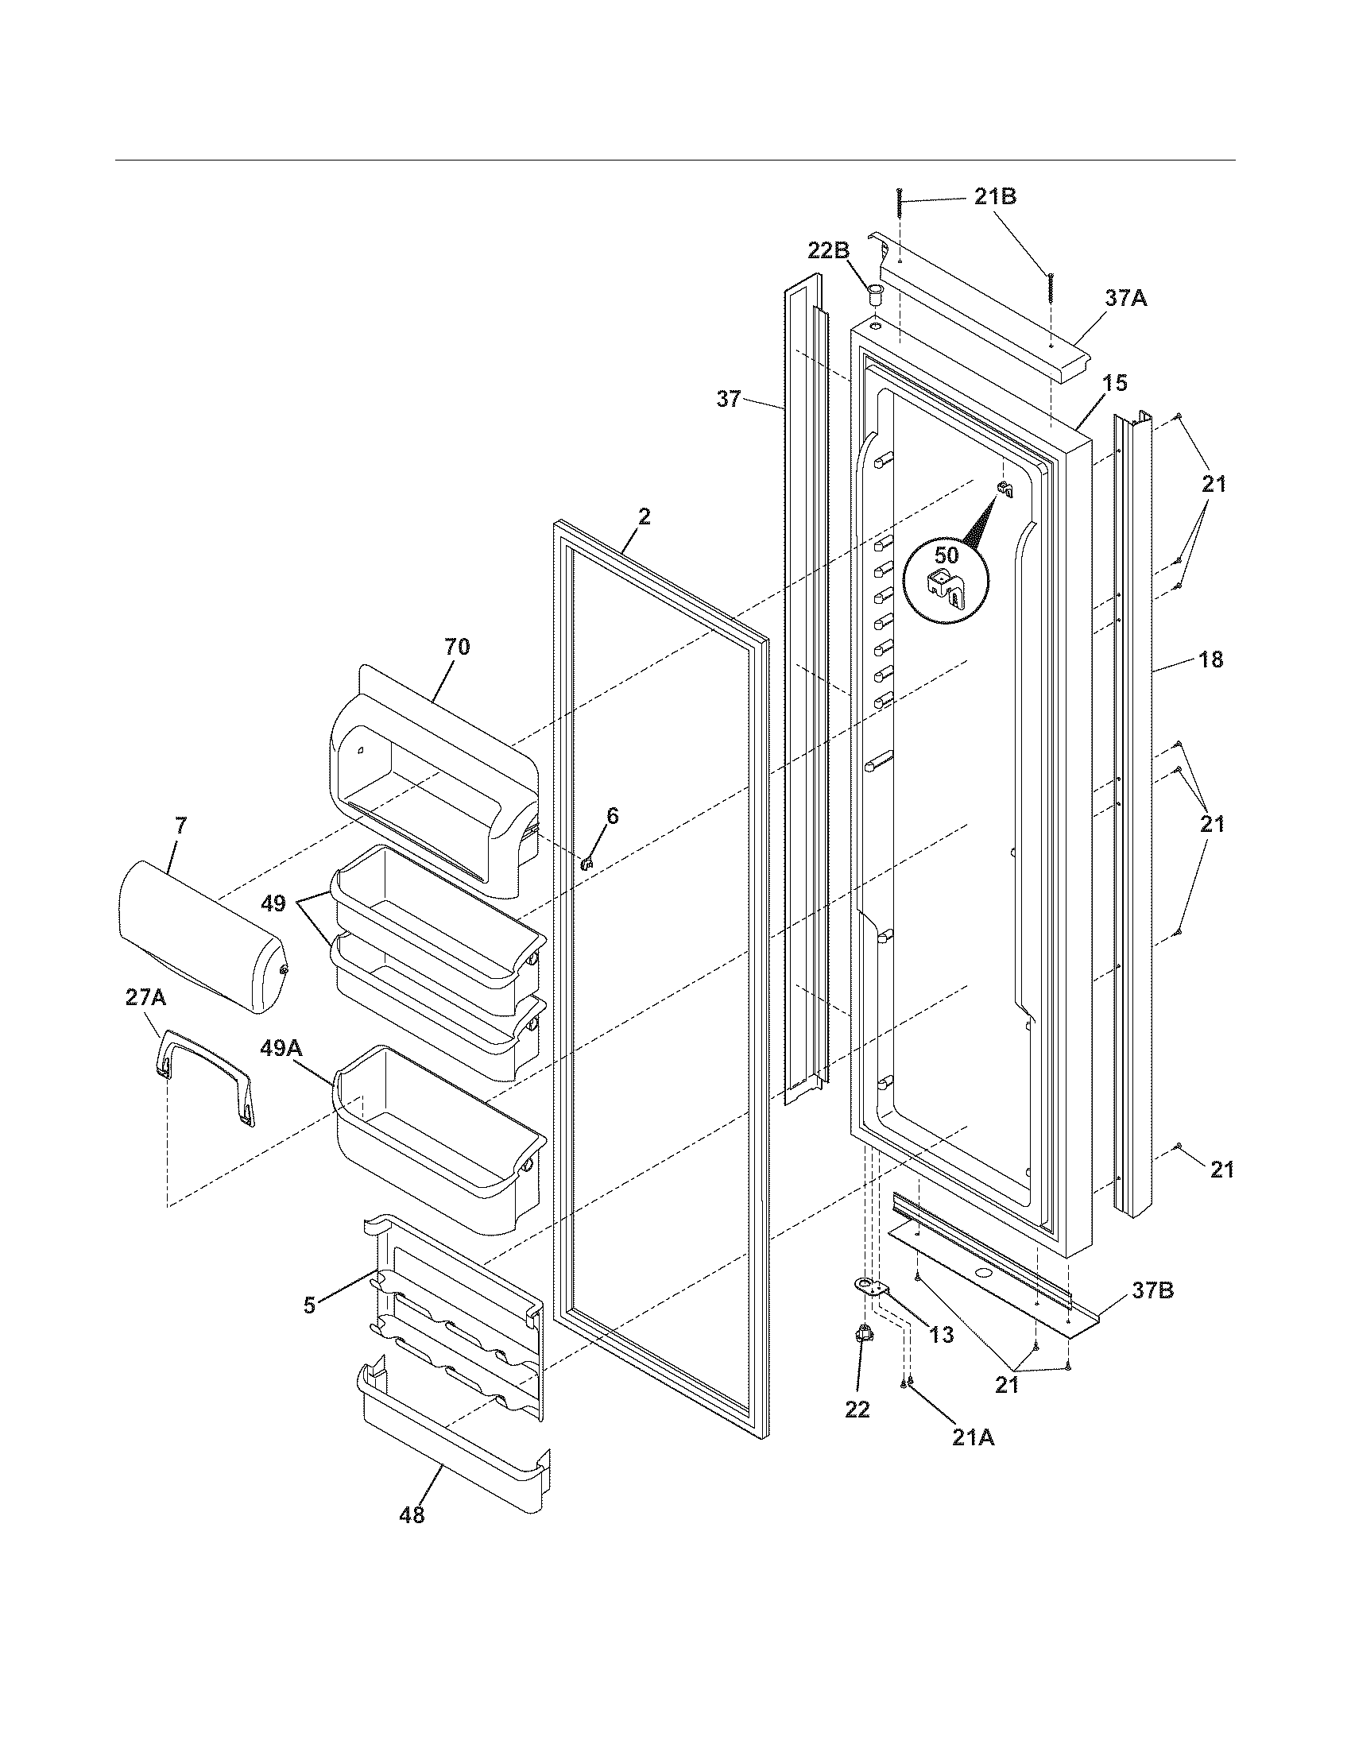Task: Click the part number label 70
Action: (457, 647)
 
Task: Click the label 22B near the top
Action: (828, 250)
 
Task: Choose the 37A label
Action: (1126, 299)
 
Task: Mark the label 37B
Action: (1152, 1290)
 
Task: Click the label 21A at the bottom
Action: (974, 1437)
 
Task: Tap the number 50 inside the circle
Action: (946, 555)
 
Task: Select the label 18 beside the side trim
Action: (1211, 659)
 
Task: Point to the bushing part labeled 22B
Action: (874, 292)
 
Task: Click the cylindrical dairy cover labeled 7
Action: (200, 937)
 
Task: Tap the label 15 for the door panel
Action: (1114, 384)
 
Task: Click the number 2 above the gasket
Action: (644, 516)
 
